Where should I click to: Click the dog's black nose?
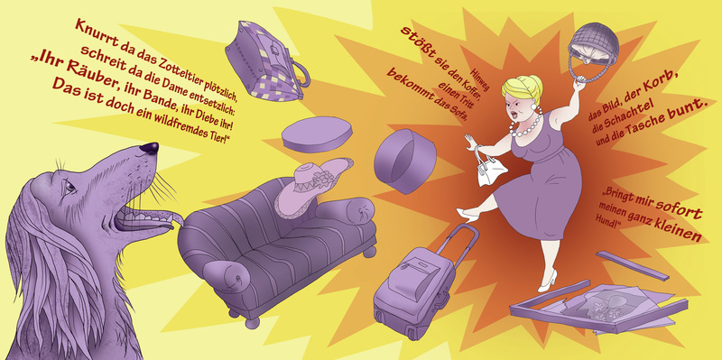coord(150,148)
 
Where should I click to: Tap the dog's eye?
coord(69,187)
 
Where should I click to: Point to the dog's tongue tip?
coord(179,219)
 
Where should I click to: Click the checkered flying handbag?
coord(267,61)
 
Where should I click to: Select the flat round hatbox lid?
coord(318,134)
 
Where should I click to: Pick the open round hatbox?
coord(404,161)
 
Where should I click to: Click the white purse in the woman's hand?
coord(490,168)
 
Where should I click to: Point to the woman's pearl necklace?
coord(525,125)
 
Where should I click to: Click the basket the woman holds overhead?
coord(593,50)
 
